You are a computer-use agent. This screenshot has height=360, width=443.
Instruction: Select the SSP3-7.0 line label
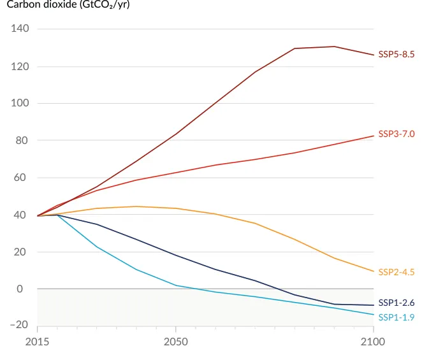pos(396,134)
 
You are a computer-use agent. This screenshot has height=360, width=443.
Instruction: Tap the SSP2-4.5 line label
pos(396,272)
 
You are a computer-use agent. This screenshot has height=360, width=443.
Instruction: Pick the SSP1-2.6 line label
pos(396,303)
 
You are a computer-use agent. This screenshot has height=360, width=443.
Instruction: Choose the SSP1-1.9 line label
pos(396,317)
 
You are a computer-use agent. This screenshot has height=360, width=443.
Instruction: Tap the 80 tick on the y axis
pos(23,140)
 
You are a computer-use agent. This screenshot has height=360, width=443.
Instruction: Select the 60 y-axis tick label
pos(23,178)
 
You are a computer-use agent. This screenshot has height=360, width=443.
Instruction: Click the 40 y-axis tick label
pos(23,215)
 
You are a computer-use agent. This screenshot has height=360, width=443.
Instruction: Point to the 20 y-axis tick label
pos(23,252)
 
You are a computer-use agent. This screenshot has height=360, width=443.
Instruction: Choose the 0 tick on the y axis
pos(26,289)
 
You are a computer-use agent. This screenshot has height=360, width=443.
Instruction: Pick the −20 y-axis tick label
pos(19,325)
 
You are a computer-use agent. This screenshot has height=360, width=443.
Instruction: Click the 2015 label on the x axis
pos(38,342)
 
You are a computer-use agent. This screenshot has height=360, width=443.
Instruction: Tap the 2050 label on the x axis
pos(176,342)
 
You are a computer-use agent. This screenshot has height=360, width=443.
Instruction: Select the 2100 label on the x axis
pos(373,342)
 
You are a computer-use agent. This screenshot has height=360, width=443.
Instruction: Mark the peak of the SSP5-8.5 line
pos(334,47)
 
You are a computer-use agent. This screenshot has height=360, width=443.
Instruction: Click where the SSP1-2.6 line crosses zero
pos(284,289)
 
